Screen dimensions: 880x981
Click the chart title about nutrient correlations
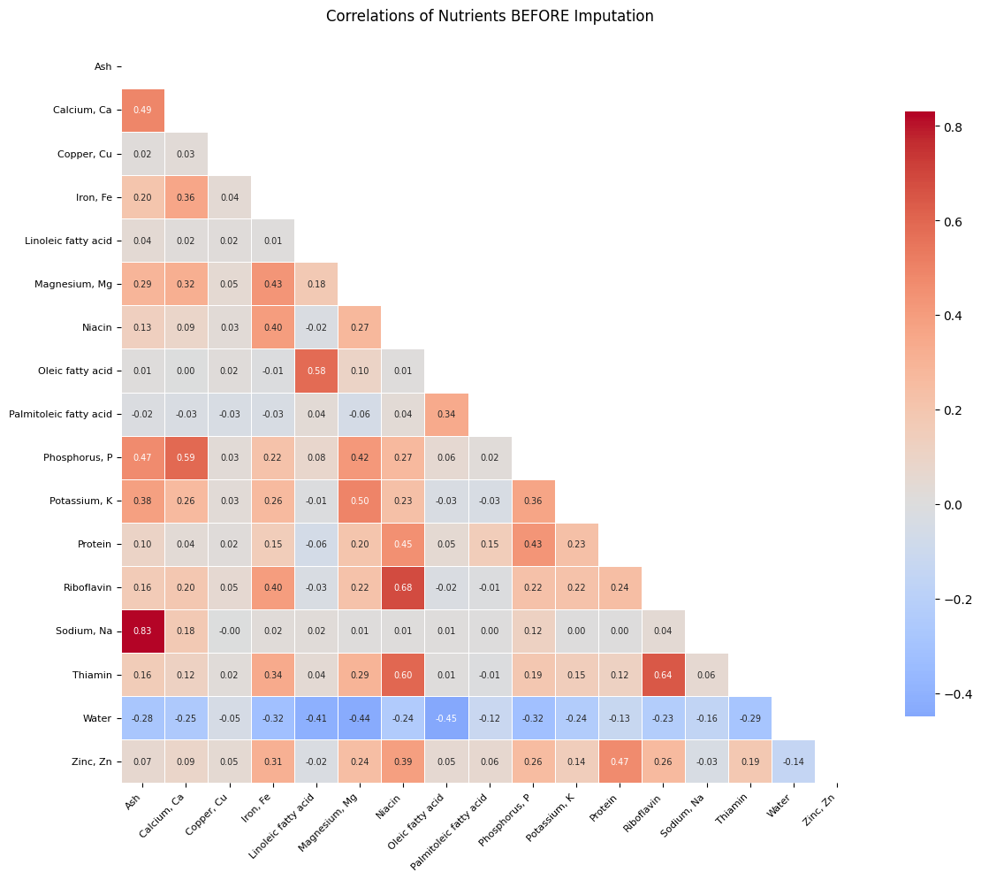pyautogui.click(x=490, y=16)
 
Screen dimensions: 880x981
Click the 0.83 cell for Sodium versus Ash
pyautogui.click(x=142, y=631)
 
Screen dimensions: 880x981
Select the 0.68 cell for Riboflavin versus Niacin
pyautogui.click(x=403, y=588)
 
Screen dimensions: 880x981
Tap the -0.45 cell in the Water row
pyautogui.click(x=446, y=718)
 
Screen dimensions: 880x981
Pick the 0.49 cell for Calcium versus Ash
pyautogui.click(x=142, y=110)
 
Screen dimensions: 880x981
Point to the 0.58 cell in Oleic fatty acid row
pyautogui.click(x=316, y=371)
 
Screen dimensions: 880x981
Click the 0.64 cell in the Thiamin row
pyautogui.click(x=663, y=675)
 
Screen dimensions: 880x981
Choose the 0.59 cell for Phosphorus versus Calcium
pyautogui.click(x=186, y=457)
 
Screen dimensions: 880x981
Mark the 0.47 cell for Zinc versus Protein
pyautogui.click(x=620, y=761)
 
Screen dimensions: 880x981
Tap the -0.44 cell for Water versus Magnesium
pyautogui.click(x=360, y=718)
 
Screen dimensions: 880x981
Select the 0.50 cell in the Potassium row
pyautogui.click(x=360, y=501)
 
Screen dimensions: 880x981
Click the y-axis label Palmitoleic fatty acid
pyautogui.click(x=60, y=414)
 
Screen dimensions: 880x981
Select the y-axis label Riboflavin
pyautogui.click(x=88, y=588)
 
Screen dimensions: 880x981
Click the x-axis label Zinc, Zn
pyautogui.click(x=819, y=810)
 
